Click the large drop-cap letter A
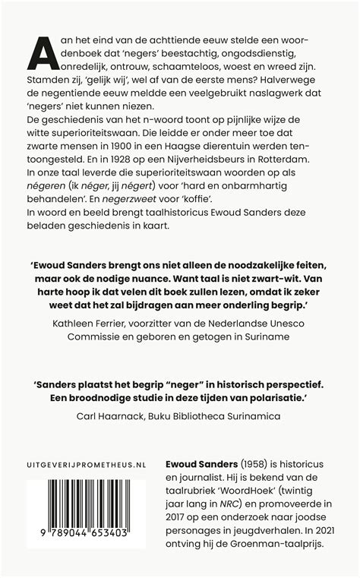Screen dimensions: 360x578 [43, 52]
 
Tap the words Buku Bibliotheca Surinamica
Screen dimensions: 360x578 [216, 415]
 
